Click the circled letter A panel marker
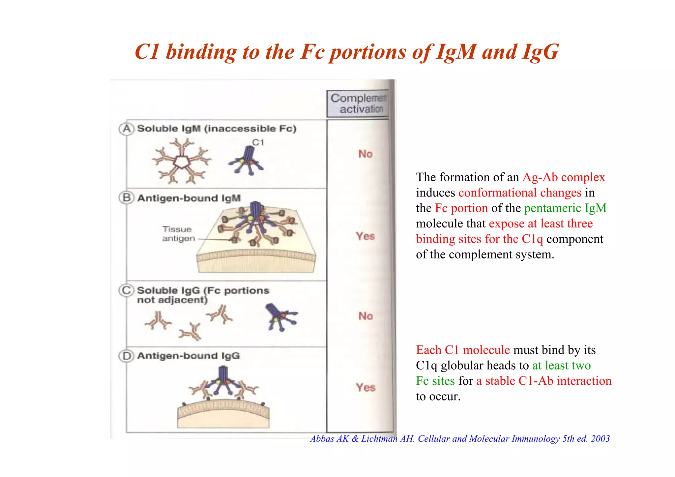pyautogui.click(x=126, y=129)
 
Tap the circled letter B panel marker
pyautogui.click(x=126, y=198)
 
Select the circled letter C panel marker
pyautogui.click(x=126, y=290)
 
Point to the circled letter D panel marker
pyautogui.click(x=126, y=356)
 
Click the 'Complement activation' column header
pyautogui.click(x=358, y=104)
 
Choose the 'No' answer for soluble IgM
pyautogui.click(x=365, y=154)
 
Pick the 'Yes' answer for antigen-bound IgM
pyautogui.click(x=365, y=236)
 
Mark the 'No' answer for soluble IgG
pyautogui.click(x=366, y=316)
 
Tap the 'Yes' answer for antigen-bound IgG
pyautogui.click(x=366, y=387)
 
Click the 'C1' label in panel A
pyautogui.click(x=258, y=142)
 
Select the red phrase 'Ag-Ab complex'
pyautogui.click(x=564, y=177)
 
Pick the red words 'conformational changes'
pyautogui.click(x=520, y=193)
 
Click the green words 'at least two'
pyautogui.click(x=561, y=365)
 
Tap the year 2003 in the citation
pyautogui.click(x=600, y=439)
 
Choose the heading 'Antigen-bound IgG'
pyautogui.click(x=189, y=356)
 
